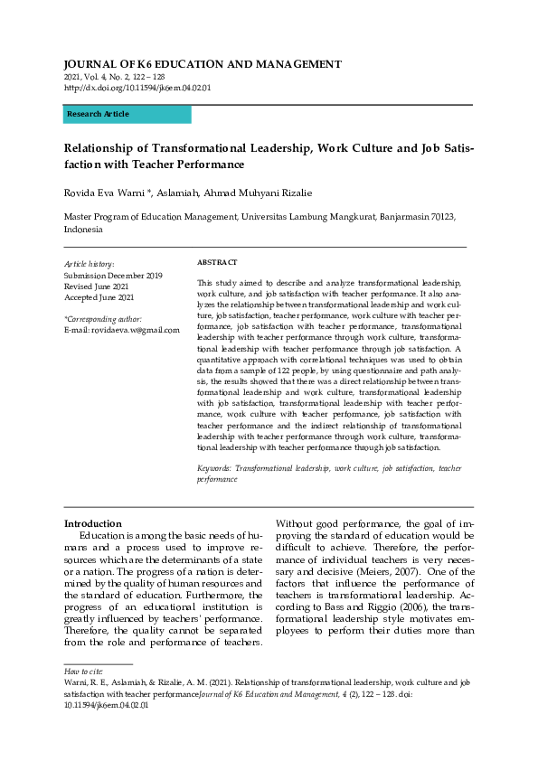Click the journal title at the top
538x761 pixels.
coord(203,64)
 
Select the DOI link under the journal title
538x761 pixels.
coord(137,88)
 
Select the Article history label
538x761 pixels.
coord(90,263)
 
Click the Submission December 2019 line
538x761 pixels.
coord(113,275)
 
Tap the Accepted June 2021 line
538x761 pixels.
coord(99,297)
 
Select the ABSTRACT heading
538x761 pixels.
coord(217,262)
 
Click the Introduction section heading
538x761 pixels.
coord(92,523)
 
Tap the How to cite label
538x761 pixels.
coord(82,673)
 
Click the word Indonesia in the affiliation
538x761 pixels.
coord(84,230)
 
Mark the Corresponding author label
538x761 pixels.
coord(103,319)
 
